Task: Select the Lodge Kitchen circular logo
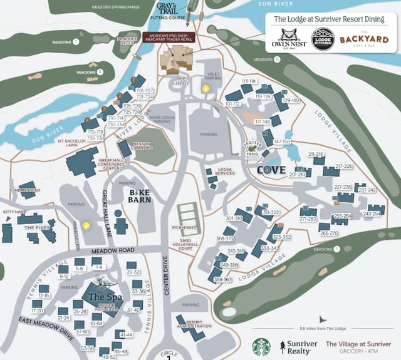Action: pyautogui.click(x=323, y=39)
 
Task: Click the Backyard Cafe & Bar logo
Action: pyautogui.click(x=364, y=40)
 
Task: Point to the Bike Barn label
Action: pyautogui.click(x=140, y=195)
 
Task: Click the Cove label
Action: pyautogui.click(x=271, y=170)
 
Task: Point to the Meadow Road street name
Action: pyautogui.click(x=113, y=251)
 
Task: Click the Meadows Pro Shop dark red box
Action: pyautogui.click(x=168, y=38)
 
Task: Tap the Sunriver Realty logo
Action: pyautogui.click(x=298, y=347)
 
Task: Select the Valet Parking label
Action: pyautogui.click(x=214, y=75)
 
